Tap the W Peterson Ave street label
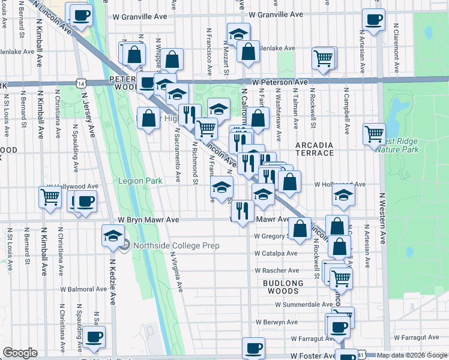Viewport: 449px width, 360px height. pyautogui.click(x=280, y=82)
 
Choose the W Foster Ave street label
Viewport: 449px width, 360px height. pyautogui.click(x=312, y=356)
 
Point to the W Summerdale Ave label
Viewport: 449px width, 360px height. pyautogui.click(x=304, y=305)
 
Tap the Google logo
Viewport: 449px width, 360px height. pyautogui.click(x=20, y=353)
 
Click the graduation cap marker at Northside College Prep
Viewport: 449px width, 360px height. pyautogui.click(x=112, y=235)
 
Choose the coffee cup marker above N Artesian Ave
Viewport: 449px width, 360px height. pyautogui.click(x=373, y=19)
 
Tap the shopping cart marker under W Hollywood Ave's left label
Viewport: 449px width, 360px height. pyautogui.click(x=50, y=196)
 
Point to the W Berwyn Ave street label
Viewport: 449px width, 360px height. pyautogui.click(x=277, y=322)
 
